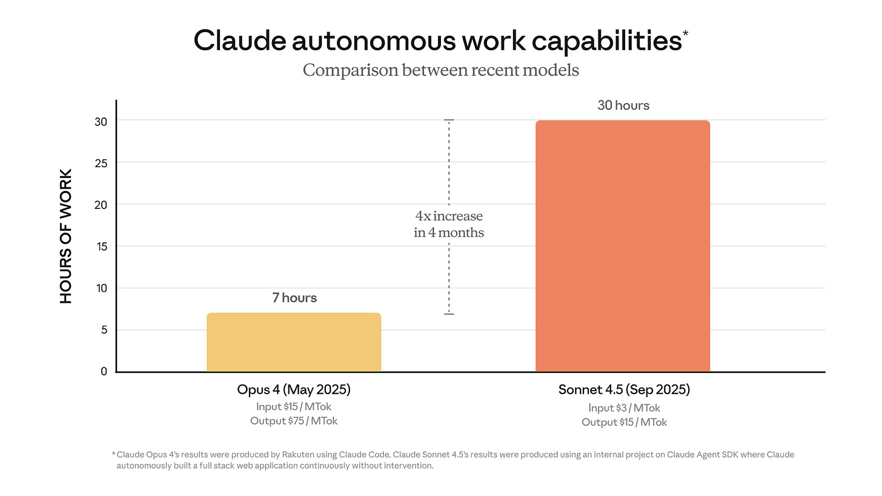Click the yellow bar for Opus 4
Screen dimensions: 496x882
tap(294, 342)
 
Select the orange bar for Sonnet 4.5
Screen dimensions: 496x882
tap(623, 246)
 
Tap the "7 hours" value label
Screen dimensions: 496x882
tap(294, 298)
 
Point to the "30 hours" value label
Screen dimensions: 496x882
tap(623, 105)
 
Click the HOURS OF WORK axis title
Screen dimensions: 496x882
tap(66, 237)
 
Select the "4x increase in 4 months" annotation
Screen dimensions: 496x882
tap(449, 224)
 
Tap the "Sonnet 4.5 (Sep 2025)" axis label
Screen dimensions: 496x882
tap(624, 390)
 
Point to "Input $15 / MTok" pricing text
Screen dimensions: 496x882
tap(294, 407)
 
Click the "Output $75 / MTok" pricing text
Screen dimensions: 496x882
tap(294, 421)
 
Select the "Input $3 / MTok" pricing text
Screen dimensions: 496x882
tap(624, 408)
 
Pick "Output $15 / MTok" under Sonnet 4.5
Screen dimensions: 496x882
tap(624, 422)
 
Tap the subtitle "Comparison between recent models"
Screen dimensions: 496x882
tap(440, 70)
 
